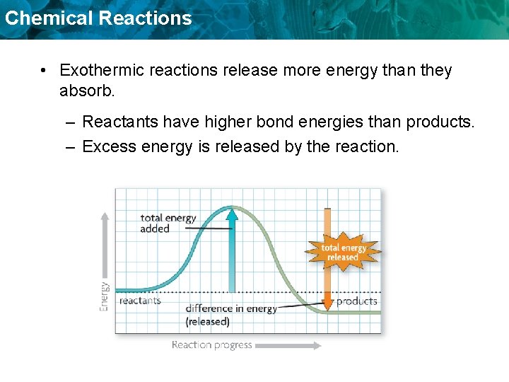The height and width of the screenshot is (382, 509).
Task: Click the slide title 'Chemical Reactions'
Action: (98, 18)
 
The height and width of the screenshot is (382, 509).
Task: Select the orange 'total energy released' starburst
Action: (343, 252)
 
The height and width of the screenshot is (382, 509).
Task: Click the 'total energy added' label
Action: (168, 223)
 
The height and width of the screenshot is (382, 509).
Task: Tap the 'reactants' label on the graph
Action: (140, 301)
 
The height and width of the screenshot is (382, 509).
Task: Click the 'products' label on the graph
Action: (356, 301)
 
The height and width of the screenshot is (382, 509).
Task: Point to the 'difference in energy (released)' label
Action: (230, 315)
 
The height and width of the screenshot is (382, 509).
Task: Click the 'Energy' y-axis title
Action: (105, 296)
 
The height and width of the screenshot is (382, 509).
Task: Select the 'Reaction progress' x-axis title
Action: (211, 345)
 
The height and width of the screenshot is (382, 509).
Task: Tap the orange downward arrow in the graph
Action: (327, 283)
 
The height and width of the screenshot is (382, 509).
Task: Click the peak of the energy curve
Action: (232, 207)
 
